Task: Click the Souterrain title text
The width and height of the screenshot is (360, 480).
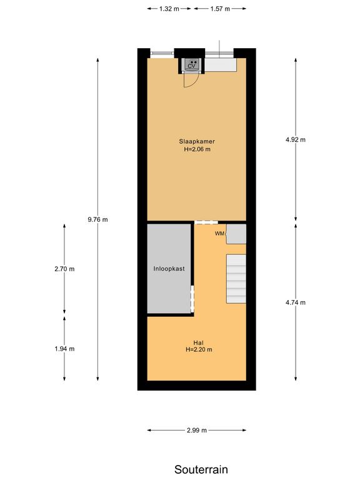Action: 201,469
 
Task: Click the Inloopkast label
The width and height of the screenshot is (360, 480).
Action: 169,269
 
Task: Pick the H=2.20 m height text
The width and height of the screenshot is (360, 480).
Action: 199,350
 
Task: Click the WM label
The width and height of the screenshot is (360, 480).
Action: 219,234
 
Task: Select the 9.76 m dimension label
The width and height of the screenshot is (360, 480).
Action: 98,219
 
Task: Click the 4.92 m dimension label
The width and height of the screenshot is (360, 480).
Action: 296,140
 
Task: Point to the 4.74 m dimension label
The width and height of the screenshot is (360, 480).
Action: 296,302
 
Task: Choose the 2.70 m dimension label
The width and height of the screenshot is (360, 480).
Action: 64,269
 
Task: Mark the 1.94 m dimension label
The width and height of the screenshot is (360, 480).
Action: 64,349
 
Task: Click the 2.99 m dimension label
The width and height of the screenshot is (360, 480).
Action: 196,430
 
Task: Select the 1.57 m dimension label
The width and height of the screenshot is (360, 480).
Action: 220,9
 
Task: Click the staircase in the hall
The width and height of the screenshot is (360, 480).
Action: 236,279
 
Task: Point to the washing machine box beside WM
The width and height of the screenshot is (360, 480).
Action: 236,234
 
